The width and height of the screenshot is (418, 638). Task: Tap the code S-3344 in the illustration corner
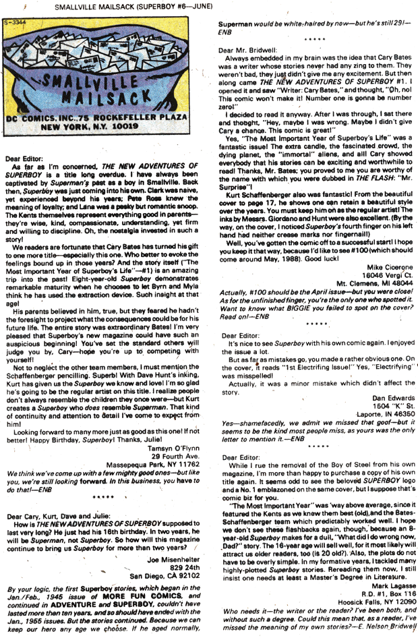pyautogui.click(x=18, y=23)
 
